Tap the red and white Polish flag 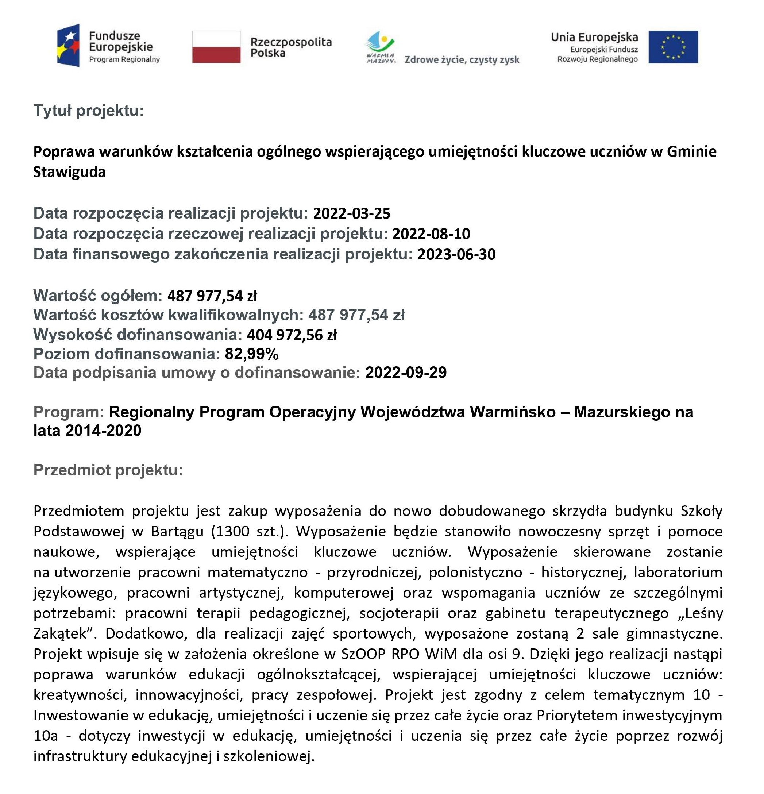(216, 47)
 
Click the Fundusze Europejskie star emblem (69, 45)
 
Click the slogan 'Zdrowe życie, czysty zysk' (462, 60)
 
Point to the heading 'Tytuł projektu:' (88, 111)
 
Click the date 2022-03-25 (352, 213)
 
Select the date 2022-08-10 (431, 234)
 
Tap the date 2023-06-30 (456, 254)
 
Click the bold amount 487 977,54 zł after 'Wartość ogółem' (212, 296)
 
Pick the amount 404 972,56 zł (292, 335)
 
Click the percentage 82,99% (251, 354)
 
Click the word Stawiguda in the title (69, 172)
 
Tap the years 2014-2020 (103, 431)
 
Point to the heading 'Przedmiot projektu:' (108, 470)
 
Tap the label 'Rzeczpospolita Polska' (290, 47)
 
